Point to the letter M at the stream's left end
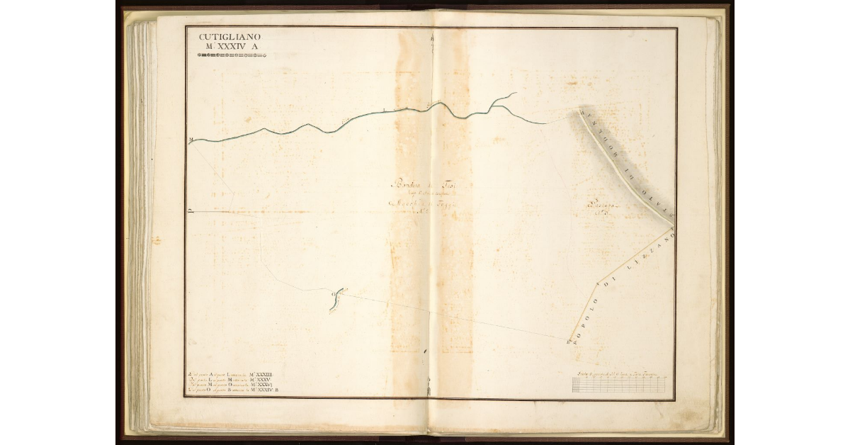pyautogui.click(x=191, y=140)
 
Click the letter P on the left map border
pyautogui.click(x=191, y=210)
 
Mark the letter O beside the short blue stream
pyautogui.click(x=331, y=292)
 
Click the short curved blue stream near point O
pyautogui.click(x=337, y=298)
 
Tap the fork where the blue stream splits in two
pyautogui.click(x=494, y=106)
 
